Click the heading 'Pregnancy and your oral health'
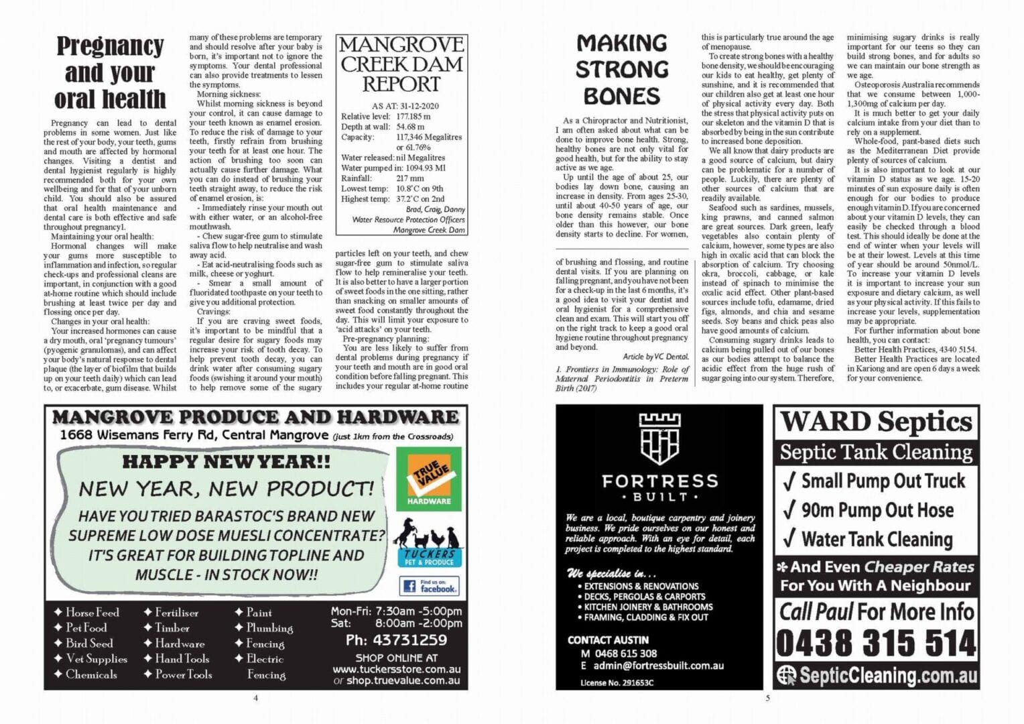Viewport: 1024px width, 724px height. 110,72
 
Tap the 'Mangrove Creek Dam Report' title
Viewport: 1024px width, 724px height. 401,64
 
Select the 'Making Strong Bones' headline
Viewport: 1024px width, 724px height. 622,70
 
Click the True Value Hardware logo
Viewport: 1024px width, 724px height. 429,477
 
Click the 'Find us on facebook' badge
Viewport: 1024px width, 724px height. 430,586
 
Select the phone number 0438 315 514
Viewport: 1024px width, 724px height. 876,644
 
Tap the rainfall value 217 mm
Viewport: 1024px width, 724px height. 410,178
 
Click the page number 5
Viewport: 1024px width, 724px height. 767,698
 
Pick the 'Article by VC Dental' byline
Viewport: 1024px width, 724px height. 655,357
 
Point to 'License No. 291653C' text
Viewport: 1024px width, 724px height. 617,682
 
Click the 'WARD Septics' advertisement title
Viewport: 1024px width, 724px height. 876,422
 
